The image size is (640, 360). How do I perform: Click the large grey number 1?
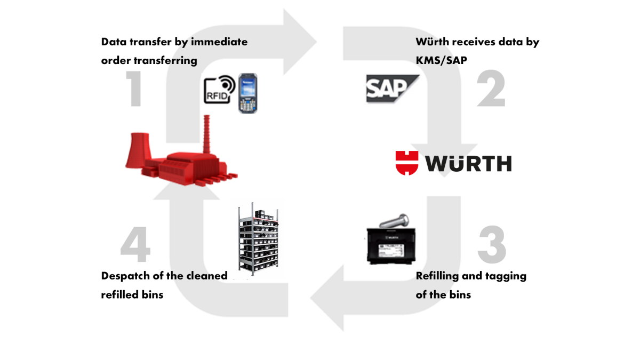(x=134, y=89)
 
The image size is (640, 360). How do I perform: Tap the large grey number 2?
(x=491, y=89)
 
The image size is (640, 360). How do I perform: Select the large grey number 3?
(x=491, y=245)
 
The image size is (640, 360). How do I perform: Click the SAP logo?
(x=391, y=88)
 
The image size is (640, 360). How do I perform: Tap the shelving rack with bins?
(x=259, y=239)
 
